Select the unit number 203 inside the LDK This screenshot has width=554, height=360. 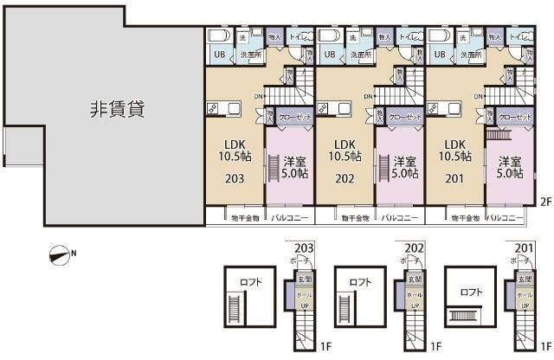233,179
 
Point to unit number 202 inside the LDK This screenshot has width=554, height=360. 345,179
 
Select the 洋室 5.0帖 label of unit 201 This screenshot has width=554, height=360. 510,166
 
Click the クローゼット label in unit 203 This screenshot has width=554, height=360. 291,117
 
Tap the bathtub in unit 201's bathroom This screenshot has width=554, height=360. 440,37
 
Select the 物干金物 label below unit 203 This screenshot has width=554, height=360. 244,218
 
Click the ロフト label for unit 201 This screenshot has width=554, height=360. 471,292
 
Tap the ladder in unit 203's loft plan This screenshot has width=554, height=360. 232,306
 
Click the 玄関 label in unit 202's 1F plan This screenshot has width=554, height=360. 415,280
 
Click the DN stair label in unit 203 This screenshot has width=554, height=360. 258,95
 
